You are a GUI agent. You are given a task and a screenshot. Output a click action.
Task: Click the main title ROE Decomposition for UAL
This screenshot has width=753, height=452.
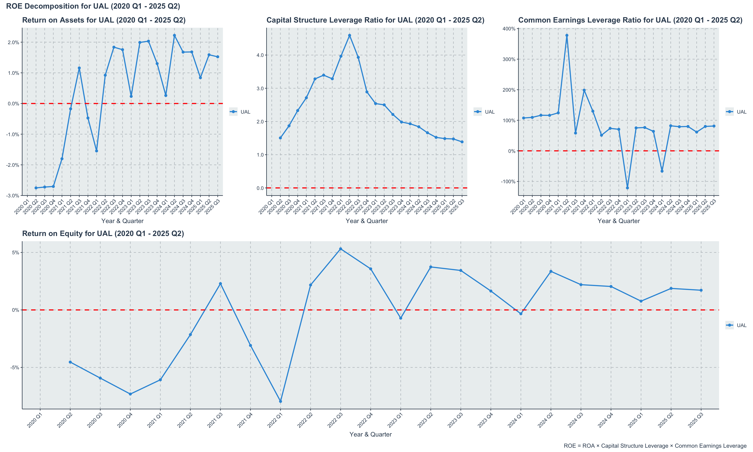[93, 6]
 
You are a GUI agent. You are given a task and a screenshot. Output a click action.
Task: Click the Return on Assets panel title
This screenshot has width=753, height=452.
[104, 20]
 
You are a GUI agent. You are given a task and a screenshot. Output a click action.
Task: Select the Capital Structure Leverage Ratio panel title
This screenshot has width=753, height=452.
[375, 20]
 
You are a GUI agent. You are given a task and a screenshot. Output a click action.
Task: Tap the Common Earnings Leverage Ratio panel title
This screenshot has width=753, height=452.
[630, 20]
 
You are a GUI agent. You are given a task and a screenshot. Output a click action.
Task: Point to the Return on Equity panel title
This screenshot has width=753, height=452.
[103, 234]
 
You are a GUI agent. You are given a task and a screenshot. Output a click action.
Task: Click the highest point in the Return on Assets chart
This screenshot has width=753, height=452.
[174, 35]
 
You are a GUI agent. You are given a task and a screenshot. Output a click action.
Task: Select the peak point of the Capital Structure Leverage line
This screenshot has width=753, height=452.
[349, 35]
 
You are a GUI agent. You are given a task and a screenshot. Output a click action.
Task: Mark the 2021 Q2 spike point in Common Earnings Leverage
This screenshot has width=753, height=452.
[567, 35]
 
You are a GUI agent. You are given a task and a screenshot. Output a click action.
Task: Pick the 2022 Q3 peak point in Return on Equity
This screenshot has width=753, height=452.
[341, 249]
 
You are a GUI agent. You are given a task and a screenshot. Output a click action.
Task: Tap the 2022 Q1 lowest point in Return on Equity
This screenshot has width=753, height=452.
[280, 401]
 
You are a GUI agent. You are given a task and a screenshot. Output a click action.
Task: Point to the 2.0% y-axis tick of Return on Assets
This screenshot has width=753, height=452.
[13, 42]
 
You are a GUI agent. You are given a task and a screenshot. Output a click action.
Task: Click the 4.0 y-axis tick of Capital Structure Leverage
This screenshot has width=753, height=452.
[260, 55]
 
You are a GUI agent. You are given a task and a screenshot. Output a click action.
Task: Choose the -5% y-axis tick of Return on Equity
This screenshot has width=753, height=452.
[15, 368]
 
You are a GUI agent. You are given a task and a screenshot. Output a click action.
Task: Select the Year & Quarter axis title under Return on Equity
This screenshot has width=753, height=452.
[370, 434]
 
